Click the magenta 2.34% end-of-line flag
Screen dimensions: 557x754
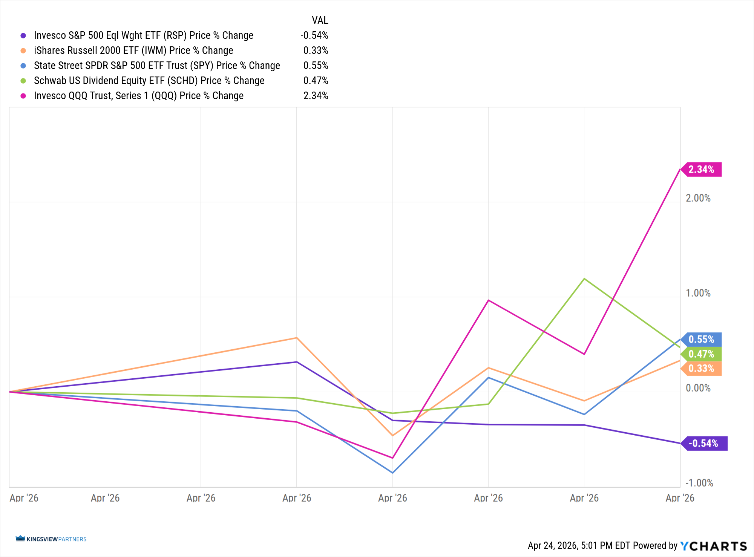pyautogui.click(x=702, y=170)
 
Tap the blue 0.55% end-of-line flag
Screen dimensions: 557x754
pyautogui.click(x=702, y=340)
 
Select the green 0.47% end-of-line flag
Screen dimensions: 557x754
pyautogui.click(x=702, y=354)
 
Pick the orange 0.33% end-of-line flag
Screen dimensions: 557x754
pyautogui.click(x=702, y=369)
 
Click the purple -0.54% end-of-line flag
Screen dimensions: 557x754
pyautogui.click(x=704, y=444)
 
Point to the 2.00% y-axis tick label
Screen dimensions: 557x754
pyautogui.click(x=698, y=198)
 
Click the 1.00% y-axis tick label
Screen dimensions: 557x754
pyautogui.click(x=698, y=293)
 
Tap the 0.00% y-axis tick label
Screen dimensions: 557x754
pyautogui.click(x=698, y=388)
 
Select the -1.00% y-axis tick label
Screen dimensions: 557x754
pyautogui.click(x=699, y=483)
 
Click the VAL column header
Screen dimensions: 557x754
pyautogui.click(x=320, y=20)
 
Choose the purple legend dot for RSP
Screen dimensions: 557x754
pyautogui.click(x=23, y=35)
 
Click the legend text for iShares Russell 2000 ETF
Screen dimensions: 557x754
pyautogui.click(x=133, y=50)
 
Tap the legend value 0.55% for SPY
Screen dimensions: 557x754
pyautogui.click(x=316, y=66)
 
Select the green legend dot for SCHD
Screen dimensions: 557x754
pyautogui.click(x=23, y=81)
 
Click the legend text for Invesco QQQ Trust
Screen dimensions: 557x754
pyautogui.click(x=139, y=96)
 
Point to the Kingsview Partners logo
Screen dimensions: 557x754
pyautogui.click(x=51, y=539)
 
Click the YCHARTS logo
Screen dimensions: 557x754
pyautogui.click(x=714, y=546)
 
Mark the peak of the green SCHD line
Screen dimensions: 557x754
pyautogui.click(x=584, y=279)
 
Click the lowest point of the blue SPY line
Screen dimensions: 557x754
pyautogui.click(x=393, y=473)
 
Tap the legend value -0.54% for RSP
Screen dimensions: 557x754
pyautogui.click(x=314, y=35)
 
